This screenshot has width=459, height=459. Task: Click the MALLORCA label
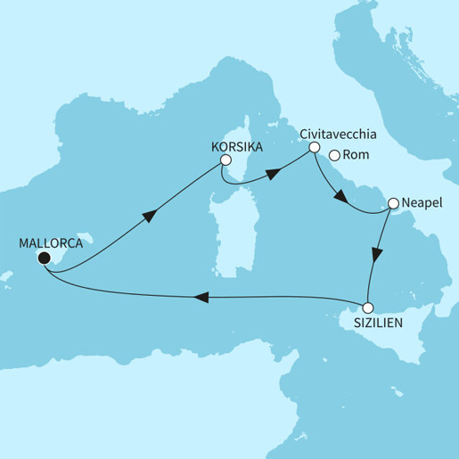50,242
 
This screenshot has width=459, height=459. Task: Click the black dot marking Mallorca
43,258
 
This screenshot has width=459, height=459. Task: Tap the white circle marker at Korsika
225,160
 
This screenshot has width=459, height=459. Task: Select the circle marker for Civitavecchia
313,151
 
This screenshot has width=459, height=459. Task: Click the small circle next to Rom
334,155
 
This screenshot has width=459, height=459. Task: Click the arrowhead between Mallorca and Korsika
150,215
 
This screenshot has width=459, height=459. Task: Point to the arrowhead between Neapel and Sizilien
378,254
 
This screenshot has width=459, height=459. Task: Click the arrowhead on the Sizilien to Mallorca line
202,299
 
